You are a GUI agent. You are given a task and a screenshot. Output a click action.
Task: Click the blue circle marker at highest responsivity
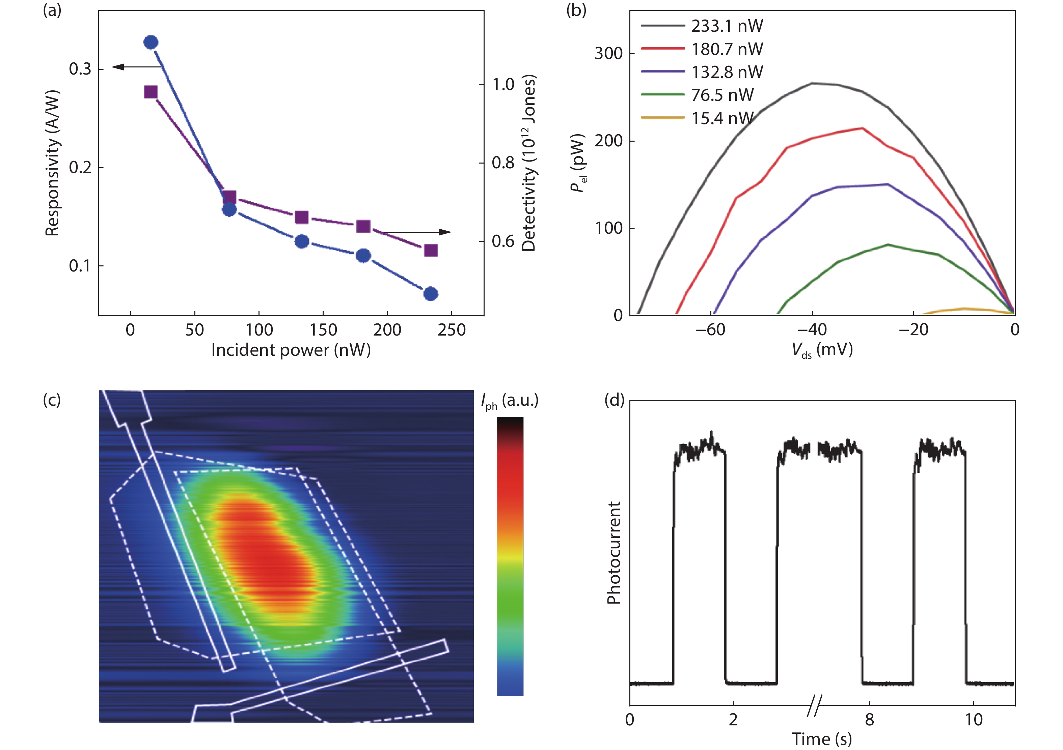point(151,42)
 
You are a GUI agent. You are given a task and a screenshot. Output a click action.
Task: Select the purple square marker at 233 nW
point(431,250)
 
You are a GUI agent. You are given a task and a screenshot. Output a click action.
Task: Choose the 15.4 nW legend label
point(722,118)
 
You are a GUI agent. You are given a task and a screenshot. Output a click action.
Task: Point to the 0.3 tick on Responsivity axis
point(80,69)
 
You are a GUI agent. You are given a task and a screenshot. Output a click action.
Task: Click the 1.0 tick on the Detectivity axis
point(503,84)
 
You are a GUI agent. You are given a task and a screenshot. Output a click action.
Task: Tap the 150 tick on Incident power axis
point(323,330)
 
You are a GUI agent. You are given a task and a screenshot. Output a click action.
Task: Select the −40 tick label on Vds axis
point(812,329)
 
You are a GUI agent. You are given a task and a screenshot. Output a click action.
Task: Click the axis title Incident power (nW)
point(291,350)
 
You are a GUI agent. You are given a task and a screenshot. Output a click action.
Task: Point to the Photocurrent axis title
point(614,553)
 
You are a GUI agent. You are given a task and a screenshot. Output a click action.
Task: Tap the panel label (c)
point(52,399)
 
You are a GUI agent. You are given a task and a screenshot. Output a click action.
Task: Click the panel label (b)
point(576,10)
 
